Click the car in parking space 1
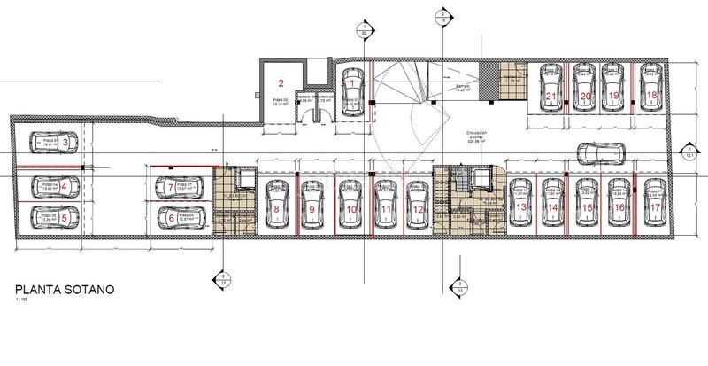point(352,93)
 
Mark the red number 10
point(351,209)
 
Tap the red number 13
point(521,207)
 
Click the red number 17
point(654,207)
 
